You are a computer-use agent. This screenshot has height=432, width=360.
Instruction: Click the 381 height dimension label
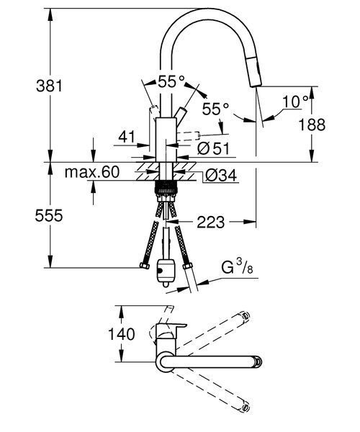49,86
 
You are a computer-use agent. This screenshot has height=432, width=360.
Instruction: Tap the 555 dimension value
49,215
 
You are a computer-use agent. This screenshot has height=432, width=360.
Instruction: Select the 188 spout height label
312,125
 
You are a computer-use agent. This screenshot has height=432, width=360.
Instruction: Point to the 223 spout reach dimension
210,222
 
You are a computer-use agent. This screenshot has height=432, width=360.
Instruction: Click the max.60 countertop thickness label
92,172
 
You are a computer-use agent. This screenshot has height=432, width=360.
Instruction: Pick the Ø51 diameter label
213,148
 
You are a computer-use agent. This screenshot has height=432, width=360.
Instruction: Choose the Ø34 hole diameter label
220,175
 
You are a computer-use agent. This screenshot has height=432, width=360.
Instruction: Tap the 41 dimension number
127,136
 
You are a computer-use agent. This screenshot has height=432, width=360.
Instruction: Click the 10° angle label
295,102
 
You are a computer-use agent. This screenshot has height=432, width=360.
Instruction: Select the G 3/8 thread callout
237,267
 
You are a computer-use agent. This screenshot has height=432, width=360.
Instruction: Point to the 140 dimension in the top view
121,334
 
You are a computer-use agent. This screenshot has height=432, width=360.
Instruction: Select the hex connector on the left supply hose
144,266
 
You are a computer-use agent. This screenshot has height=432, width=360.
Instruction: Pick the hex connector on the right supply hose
187,266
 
